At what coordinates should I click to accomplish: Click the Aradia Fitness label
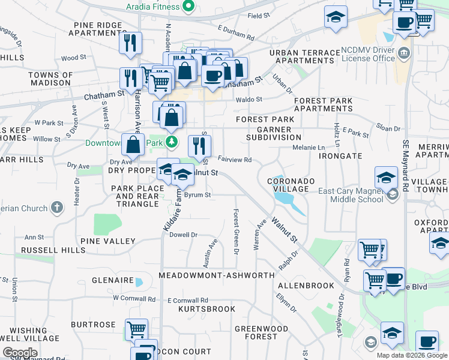tap(152, 7)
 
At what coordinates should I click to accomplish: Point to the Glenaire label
tap(112, 280)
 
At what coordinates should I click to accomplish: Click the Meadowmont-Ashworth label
tap(216, 275)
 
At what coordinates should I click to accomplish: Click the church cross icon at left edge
tap(57, 208)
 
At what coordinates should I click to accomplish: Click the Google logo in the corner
tap(20, 353)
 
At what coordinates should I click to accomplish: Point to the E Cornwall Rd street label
tap(187, 300)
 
